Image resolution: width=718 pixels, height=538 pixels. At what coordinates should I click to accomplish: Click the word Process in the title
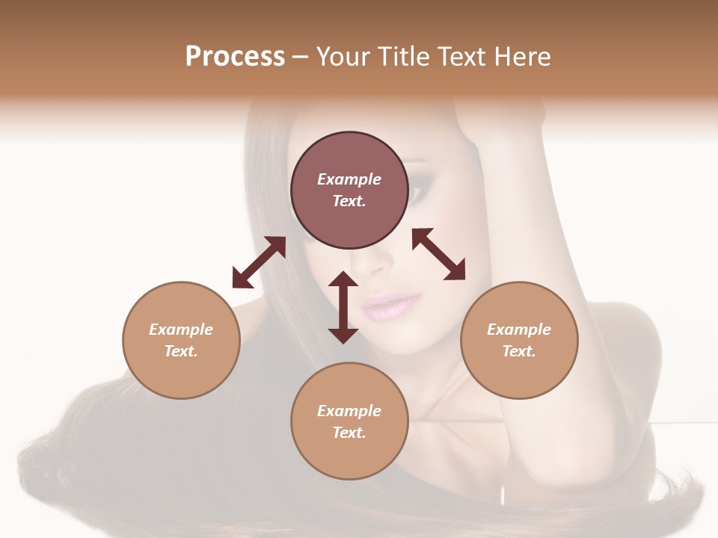(x=235, y=57)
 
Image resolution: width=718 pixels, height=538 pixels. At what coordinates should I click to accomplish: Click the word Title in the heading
(x=400, y=57)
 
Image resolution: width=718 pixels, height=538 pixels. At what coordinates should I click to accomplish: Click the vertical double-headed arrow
(x=343, y=307)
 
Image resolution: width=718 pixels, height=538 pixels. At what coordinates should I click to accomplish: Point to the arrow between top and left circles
(x=259, y=262)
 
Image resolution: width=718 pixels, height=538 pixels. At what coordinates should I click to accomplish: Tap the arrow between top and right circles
(x=438, y=254)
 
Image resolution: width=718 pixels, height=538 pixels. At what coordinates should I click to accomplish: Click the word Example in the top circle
(x=349, y=179)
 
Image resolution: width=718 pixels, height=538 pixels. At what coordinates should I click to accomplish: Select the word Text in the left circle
(x=181, y=351)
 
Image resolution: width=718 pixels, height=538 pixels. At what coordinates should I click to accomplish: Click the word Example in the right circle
(x=519, y=330)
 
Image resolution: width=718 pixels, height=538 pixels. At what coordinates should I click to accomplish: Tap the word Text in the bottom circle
(x=349, y=433)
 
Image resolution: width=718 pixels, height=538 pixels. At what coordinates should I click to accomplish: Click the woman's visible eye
(x=417, y=193)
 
